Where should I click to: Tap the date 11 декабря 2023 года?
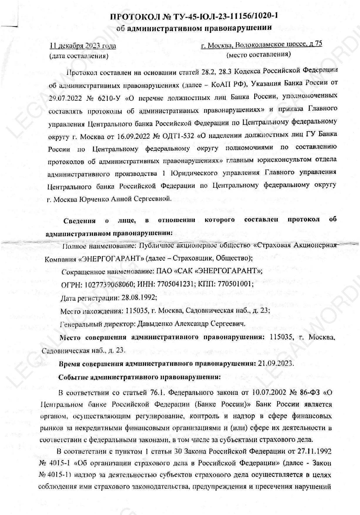tap(83, 46)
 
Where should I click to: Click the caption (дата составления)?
tap(79, 56)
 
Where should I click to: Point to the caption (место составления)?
tap(259, 54)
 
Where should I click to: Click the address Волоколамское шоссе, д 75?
tap(279, 44)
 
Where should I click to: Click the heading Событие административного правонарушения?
tap(139, 377)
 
